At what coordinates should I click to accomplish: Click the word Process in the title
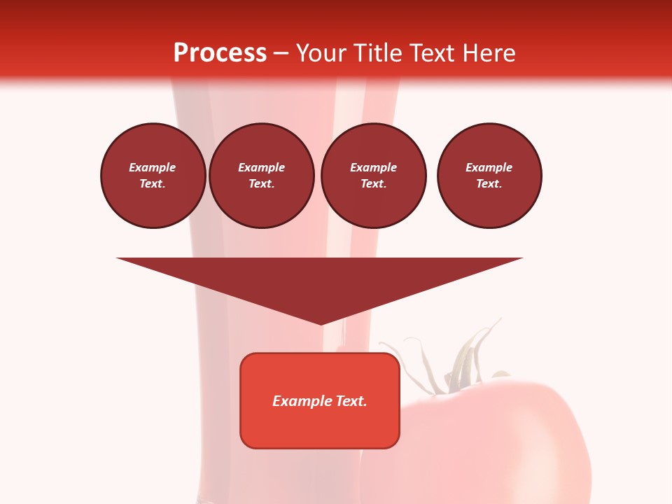click(x=220, y=53)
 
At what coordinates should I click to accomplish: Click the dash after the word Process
click(x=281, y=55)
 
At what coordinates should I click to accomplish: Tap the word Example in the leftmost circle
click(x=153, y=167)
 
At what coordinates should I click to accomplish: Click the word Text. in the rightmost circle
click(x=489, y=183)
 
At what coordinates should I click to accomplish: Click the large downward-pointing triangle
click(x=320, y=280)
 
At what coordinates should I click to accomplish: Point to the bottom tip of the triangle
click(x=321, y=323)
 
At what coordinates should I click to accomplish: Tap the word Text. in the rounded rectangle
click(x=351, y=401)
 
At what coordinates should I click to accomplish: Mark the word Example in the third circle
click(x=373, y=167)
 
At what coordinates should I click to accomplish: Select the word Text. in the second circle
click(x=261, y=183)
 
